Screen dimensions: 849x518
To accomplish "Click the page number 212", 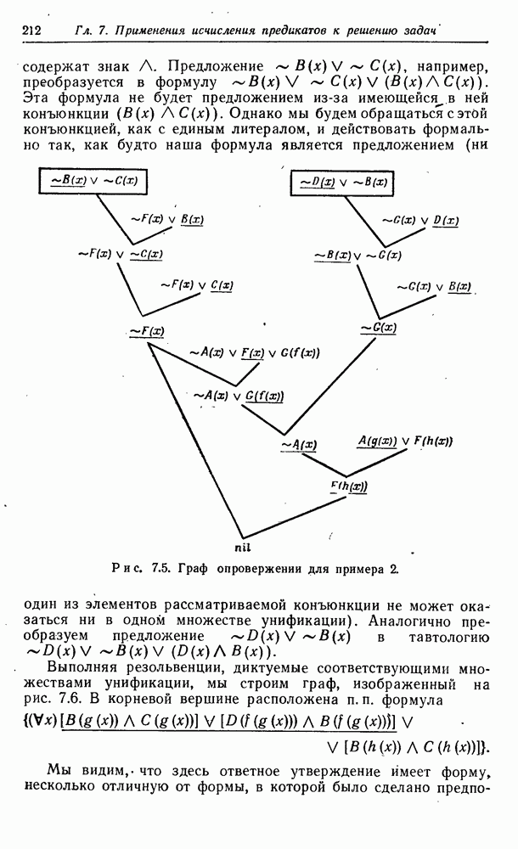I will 31,31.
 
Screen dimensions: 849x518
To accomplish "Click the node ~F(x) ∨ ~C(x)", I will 120,253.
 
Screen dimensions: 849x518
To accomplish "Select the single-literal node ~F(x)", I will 147,330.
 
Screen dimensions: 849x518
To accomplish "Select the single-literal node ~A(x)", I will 298,443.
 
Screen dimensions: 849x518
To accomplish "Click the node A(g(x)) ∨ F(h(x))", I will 404,441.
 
